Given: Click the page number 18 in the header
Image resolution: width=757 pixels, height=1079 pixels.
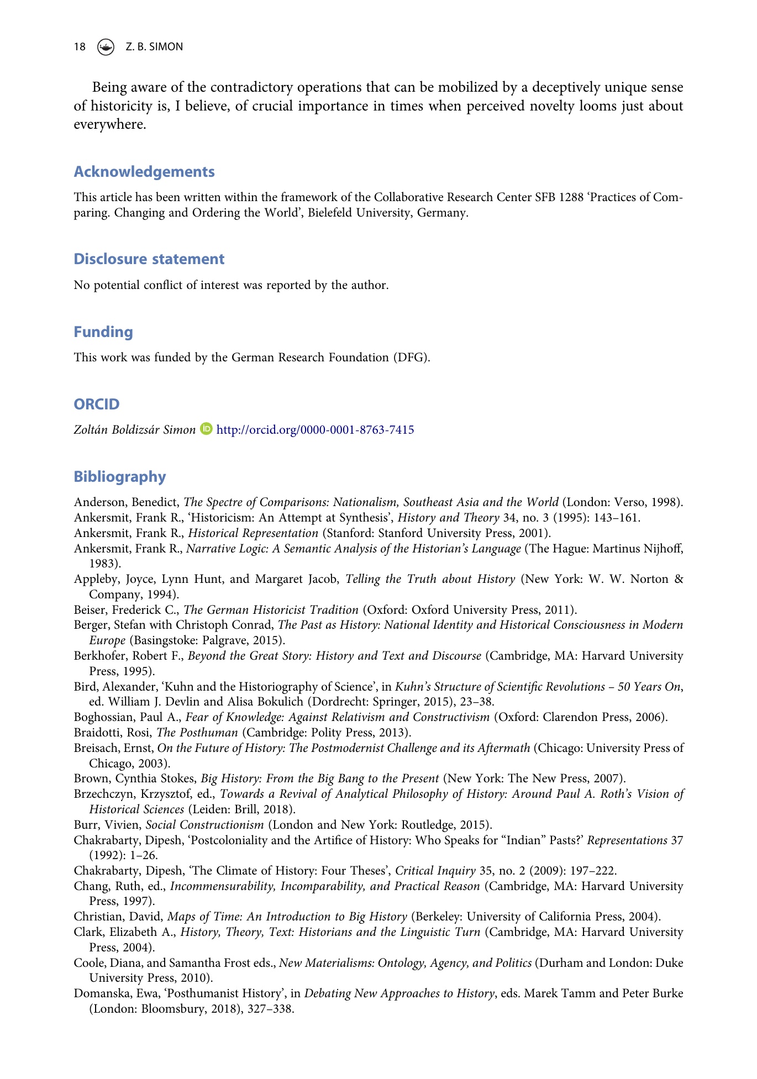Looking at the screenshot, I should click(80, 47).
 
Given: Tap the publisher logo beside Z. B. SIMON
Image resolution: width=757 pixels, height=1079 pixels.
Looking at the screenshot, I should click(105, 48).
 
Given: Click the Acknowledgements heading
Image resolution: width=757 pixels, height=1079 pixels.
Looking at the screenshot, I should click(144, 172).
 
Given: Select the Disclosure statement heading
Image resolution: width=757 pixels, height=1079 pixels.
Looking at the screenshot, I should click(149, 259).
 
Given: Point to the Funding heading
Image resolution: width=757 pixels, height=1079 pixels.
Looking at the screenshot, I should click(103, 332).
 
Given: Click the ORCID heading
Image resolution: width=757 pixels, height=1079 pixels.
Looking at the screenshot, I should click(97, 404).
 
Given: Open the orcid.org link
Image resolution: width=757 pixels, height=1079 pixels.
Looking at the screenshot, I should click(315, 430).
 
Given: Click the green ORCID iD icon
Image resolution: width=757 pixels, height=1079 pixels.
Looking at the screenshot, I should click(207, 429).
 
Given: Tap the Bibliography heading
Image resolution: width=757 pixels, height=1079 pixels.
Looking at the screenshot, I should click(120, 477).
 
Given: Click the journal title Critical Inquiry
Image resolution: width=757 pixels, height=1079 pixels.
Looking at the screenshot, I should click(435, 871).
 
